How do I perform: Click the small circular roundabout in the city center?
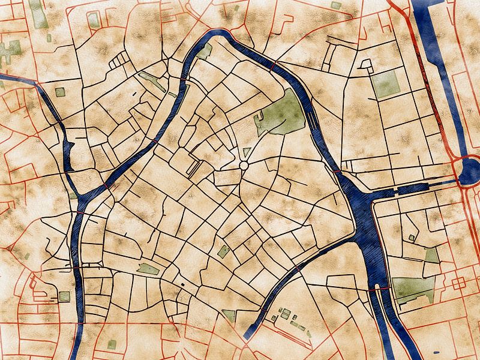pyautogui.click(x=244, y=165)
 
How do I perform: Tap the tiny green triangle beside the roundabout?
pyautogui.click(x=247, y=152)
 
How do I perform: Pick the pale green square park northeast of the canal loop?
pyautogui.click(x=385, y=83)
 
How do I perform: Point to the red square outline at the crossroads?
pyautogui.click(x=459, y=283)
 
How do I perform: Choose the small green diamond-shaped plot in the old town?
pyautogui.click(x=223, y=251)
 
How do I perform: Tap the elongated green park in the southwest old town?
pyautogui.click(x=148, y=269)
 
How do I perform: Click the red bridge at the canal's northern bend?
pyautogui.click(x=272, y=66)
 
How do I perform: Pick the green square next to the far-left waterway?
pyautogui.click(x=60, y=92)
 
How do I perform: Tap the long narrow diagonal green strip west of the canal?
pyautogui.click(x=153, y=82)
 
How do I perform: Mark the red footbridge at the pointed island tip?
pyautogui.click(x=107, y=187)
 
